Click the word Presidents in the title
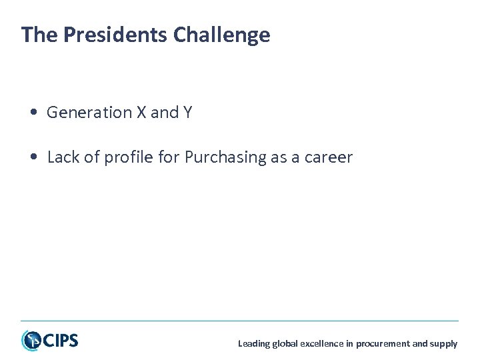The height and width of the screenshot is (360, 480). pyautogui.click(x=115, y=35)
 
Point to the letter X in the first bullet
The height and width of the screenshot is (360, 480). pyautogui.click(x=141, y=113)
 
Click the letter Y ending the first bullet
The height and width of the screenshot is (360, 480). pyautogui.click(x=187, y=113)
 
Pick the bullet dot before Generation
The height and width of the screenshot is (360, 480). pyautogui.click(x=33, y=113)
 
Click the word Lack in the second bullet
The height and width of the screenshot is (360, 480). pyautogui.click(x=63, y=158)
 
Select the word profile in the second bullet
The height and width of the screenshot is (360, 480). pyautogui.click(x=125, y=158)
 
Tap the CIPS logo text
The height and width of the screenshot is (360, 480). pyautogui.click(x=61, y=341)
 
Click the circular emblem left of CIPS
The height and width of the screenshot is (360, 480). pyautogui.click(x=31, y=341)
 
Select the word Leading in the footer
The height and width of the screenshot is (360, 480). pyautogui.click(x=254, y=344)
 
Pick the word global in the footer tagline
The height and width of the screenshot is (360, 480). pyautogui.click(x=287, y=344)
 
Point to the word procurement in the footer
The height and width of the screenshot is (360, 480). pyautogui.click(x=383, y=344)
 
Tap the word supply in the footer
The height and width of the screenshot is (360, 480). pyautogui.click(x=443, y=344)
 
